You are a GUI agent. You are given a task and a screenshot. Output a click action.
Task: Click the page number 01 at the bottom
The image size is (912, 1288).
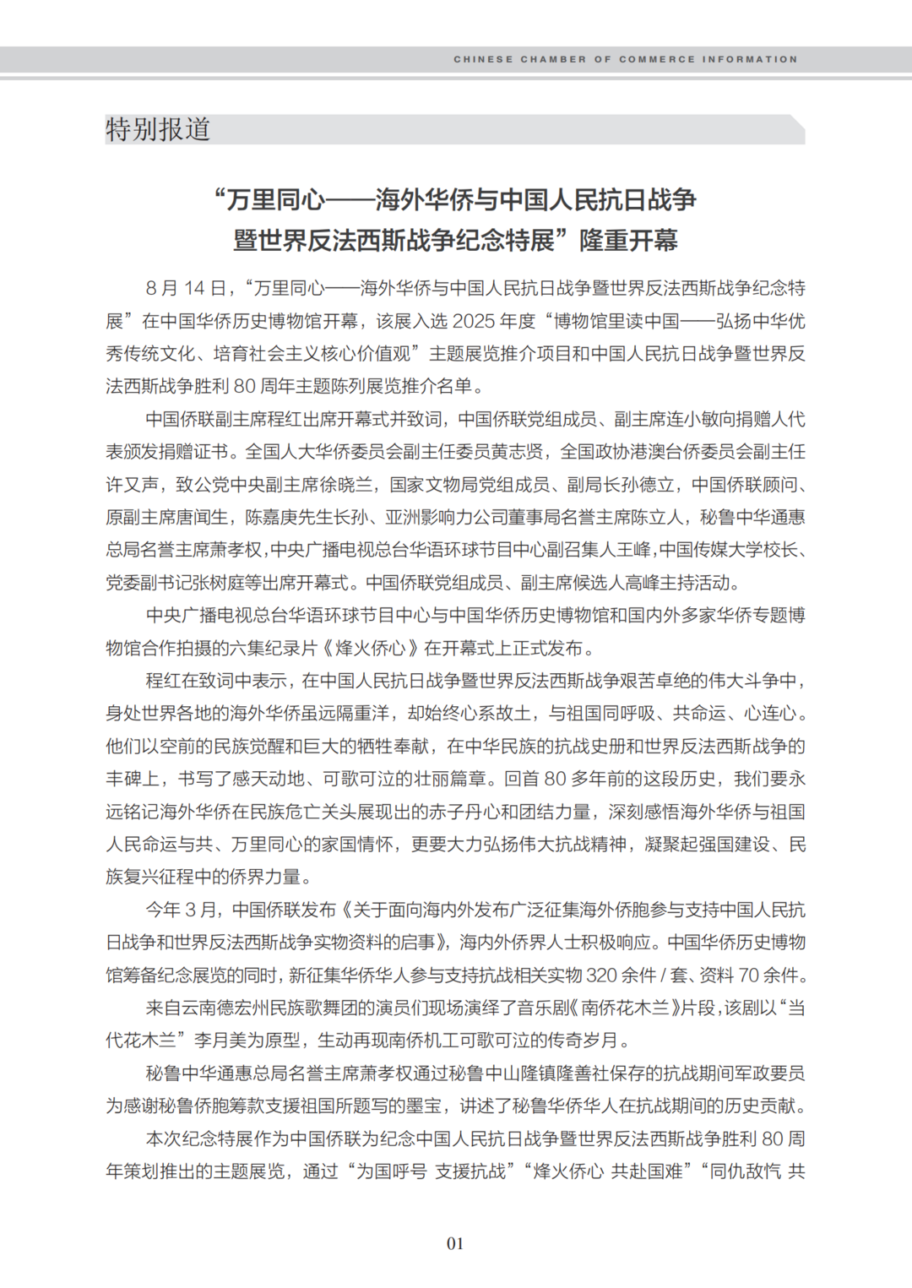click(x=455, y=1243)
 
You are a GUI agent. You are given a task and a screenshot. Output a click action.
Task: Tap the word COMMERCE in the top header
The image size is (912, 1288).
click(x=656, y=60)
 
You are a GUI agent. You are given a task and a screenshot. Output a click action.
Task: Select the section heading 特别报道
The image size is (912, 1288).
click(x=158, y=130)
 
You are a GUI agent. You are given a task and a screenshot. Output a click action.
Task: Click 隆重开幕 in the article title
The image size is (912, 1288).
click(x=628, y=241)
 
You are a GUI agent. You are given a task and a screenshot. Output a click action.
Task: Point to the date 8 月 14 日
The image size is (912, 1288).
click(x=186, y=289)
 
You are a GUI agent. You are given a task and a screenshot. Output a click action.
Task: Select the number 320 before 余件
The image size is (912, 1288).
click(x=601, y=976)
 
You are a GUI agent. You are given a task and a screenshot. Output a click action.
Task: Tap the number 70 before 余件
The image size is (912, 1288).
click(x=749, y=976)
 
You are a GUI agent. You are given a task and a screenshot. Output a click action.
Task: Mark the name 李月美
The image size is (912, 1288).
click(x=220, y=1041)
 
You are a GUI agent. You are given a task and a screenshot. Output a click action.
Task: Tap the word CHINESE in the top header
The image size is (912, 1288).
click(x=483, y=60)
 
